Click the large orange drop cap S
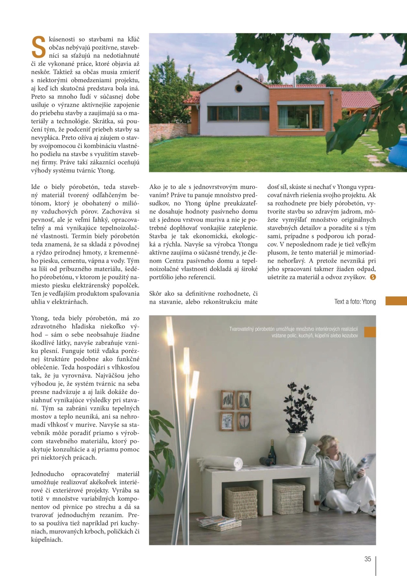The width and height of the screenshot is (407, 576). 38,47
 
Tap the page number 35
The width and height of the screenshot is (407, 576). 367,559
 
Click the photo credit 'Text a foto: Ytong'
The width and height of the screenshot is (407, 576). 355,301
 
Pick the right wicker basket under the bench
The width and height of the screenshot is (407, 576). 288,498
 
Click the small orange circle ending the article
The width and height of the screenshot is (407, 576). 372,277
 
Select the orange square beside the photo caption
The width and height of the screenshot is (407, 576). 369,332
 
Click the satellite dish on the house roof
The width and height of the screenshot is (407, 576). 261,77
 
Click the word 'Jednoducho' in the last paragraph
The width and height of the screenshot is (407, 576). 48,474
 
